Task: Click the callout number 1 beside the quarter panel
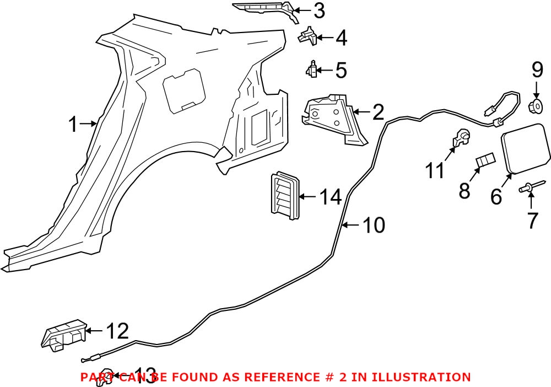73,124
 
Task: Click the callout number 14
331,196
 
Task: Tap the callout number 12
116,331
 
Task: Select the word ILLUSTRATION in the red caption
422,377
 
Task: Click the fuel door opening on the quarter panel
185,88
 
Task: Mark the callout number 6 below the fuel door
496,196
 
